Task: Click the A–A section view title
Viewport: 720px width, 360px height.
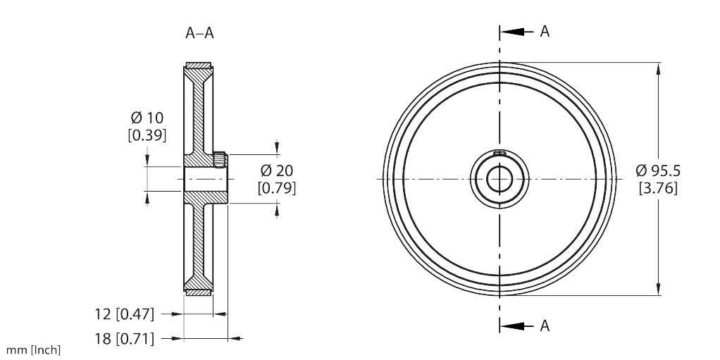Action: [200, 33]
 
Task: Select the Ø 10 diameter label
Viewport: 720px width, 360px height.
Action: [147, 118]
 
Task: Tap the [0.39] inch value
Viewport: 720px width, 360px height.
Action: [147, 135]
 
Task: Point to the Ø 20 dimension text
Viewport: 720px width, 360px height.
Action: [277, 170]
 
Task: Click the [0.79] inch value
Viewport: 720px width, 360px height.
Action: [277, 188]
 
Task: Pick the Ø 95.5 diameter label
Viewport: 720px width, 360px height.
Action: [658, 170]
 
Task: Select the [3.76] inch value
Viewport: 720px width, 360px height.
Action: [658, 188]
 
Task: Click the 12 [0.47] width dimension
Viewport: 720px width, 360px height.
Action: [125, 314]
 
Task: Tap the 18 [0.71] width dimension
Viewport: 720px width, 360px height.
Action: [125, 339]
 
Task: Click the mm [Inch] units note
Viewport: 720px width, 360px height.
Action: [33, 350]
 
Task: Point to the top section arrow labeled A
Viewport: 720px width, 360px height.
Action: [516, 32]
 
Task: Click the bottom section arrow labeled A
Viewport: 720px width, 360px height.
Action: [516, 326]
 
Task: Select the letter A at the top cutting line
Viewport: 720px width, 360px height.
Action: [545, 31]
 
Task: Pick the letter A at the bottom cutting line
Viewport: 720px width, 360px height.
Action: [545, 325]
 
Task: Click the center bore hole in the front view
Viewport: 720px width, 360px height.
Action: [499, 179]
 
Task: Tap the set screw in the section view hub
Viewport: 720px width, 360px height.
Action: [220, 160]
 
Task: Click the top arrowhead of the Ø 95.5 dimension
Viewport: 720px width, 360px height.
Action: [659, 68]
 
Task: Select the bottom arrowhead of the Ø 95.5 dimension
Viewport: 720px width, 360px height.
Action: [659, 289]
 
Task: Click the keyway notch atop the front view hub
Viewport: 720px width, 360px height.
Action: [499, 153]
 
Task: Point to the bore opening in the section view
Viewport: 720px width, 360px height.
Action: [206, 179]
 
